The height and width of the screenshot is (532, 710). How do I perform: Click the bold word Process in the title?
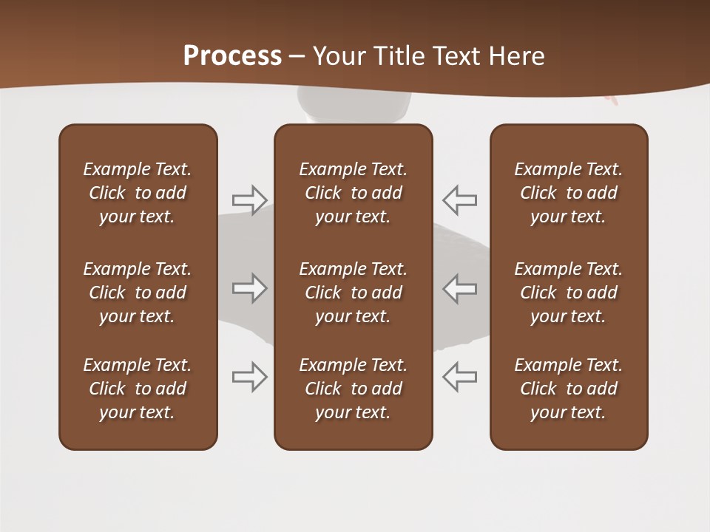(232, 56)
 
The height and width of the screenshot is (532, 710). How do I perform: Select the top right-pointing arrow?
(250, 199)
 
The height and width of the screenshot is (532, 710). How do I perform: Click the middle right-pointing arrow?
(250, 288)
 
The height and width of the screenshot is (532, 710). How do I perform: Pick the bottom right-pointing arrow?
(250, 376)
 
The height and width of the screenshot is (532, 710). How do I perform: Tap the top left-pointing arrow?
(459, 199)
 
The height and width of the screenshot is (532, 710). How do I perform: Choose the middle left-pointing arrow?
(459, 288)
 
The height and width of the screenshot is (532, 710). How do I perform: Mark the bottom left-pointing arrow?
(459, 376)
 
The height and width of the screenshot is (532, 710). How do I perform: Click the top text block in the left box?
(138, 193)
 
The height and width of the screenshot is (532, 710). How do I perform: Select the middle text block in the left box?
(138, 293)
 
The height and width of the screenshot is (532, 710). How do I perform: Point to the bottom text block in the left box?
(138, 389)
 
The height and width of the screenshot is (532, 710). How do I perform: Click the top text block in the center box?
(353, 193)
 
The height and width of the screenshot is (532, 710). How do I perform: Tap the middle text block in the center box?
(353, 293)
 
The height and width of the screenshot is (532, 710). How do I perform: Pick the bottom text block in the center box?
(353, 389)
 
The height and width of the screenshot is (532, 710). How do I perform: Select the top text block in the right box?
(568, 193)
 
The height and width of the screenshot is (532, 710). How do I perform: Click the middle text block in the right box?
(568, 293)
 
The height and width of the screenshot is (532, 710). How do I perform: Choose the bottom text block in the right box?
(568, 389)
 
